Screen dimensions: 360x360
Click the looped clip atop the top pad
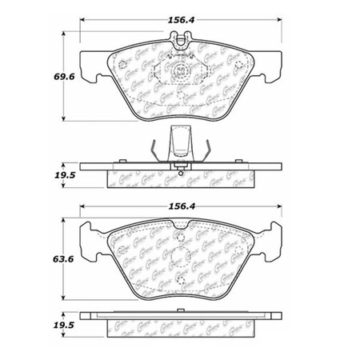tap(181, 37)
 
